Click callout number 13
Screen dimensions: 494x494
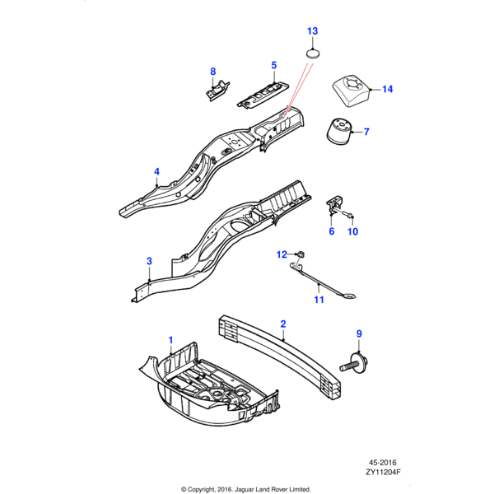(x=312, y=31)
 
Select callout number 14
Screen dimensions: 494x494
(x=387, y=89)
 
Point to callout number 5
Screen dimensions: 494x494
(x=274, y=63)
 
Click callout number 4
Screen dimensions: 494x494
(x=156, y=171)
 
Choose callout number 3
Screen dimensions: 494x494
(x=149, y=261)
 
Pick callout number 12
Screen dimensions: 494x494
(x=281, y=254)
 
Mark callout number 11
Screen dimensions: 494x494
(x=319, y=301)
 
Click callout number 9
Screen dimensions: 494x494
(x=359, y=333)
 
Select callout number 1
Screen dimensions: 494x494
(x=171, y=339)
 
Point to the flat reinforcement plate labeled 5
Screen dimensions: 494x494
(x=263, y=91)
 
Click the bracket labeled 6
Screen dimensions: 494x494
(x=336, y=204)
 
